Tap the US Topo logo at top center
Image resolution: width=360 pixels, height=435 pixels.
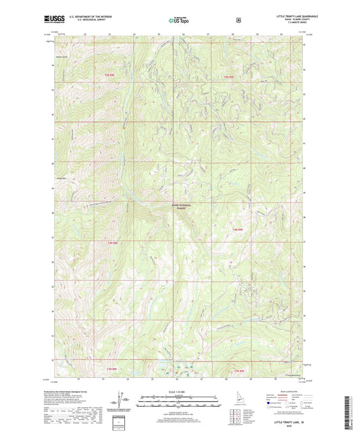179,20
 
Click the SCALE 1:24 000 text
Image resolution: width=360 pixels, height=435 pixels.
179,391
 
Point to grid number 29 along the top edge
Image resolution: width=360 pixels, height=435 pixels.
257,34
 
